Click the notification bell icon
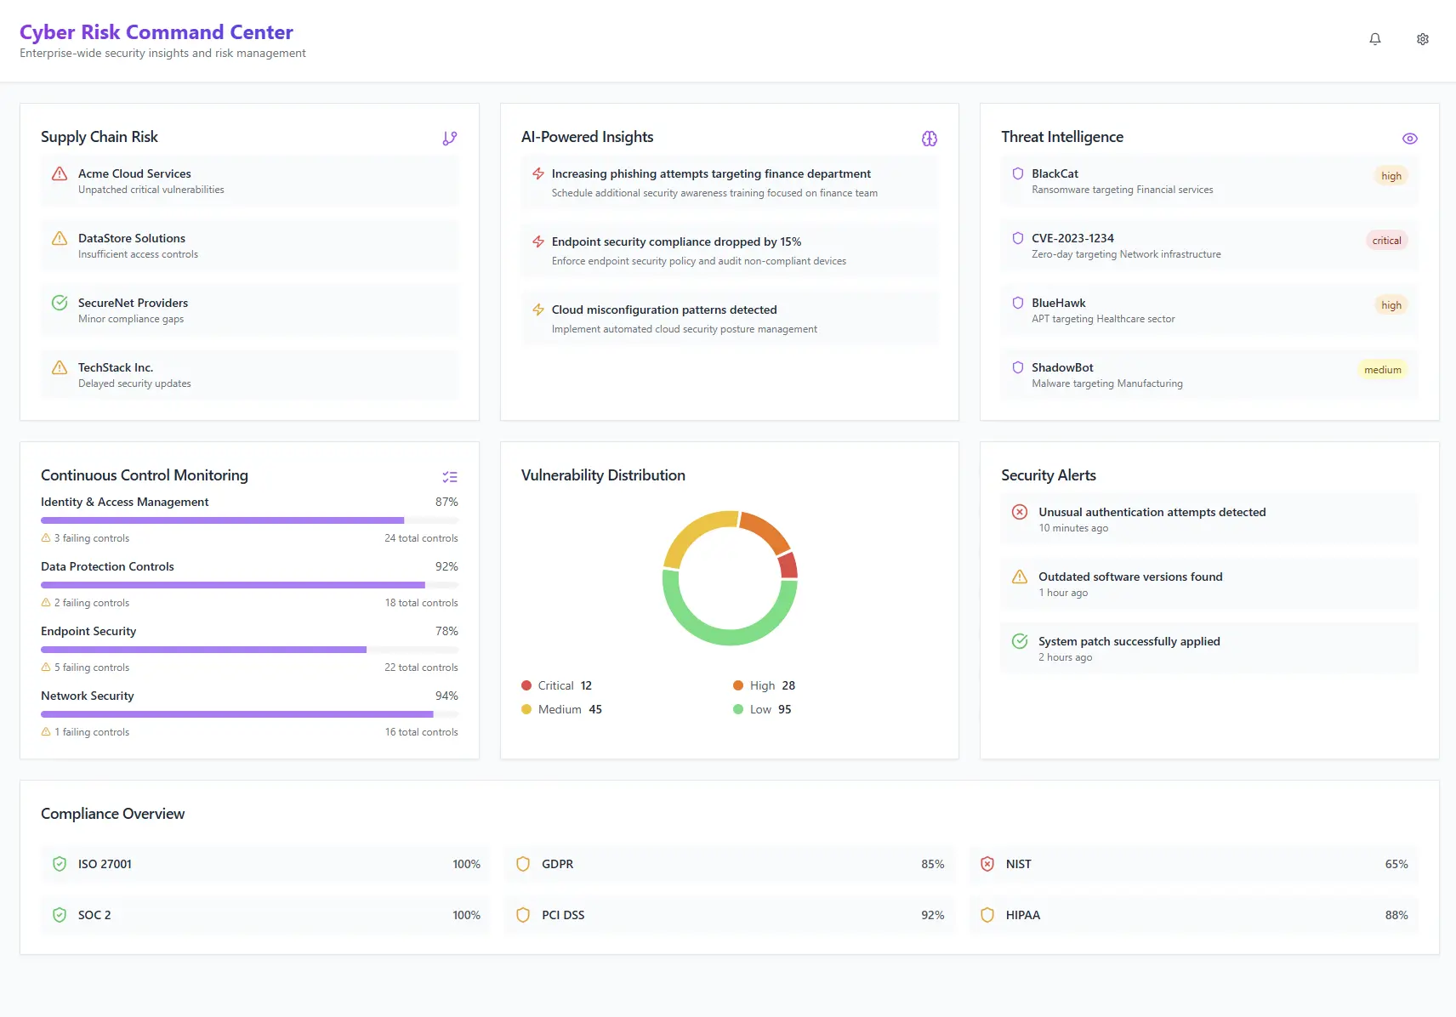1375,39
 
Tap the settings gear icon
1423,39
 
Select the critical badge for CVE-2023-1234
1386,241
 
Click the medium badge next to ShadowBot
1382,370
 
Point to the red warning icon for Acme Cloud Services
60,174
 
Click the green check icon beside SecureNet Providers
60,303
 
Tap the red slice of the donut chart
788,565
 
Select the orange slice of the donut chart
765,531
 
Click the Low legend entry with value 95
762,709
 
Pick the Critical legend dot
526,685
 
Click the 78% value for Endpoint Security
446,631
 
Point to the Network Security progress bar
237,714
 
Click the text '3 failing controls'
92,538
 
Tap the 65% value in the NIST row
1396,864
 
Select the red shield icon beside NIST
987,864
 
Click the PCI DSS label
563,915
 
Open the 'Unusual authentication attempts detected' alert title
1152,512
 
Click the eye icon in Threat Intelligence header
1409,139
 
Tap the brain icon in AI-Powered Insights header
930,139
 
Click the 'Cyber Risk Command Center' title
156,32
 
